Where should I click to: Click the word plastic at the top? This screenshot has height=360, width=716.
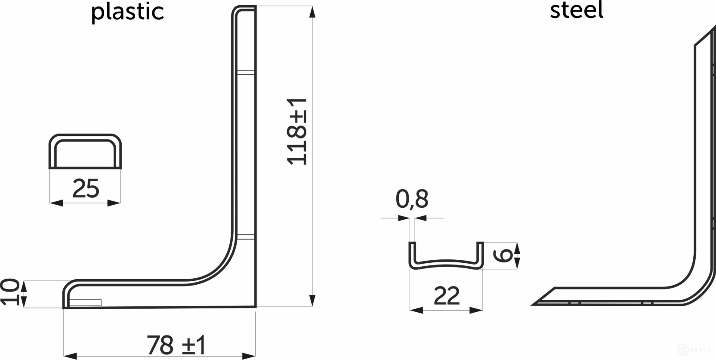(x=127, y=12)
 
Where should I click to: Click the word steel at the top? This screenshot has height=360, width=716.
(x=577, y=10)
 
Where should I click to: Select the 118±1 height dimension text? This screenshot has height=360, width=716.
(x=297, y=131)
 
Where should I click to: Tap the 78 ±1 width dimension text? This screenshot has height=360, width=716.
(x=176, y=345)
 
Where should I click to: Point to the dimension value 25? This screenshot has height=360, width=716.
(x=86, y=188)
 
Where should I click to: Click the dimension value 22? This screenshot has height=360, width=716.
(x=447, y=296)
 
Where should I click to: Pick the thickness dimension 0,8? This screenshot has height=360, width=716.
(x=412, y=199)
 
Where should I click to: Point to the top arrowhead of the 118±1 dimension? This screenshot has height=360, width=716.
(x=312, y=12)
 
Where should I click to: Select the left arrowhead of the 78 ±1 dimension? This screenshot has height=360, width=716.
(x=70, y=356)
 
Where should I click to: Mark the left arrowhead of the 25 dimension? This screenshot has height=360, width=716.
(x=56, y=203)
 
